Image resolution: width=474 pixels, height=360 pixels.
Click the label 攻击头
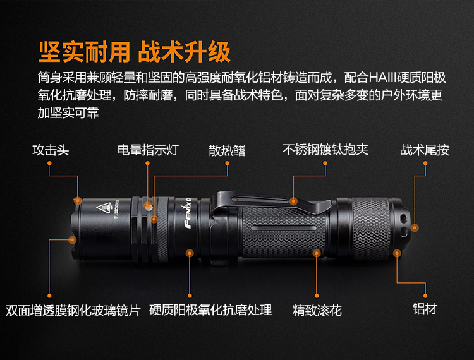pyautogui.click(x=51, y=150)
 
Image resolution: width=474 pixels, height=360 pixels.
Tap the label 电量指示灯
pyautogui.click(x=148, y=150)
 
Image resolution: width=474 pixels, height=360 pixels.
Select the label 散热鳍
pyautogui.click(x=227, y=150)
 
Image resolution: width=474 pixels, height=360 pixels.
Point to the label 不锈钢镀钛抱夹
pyautogui.click(x=325, y=150)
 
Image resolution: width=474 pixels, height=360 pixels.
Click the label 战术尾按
pyautogui.click(x=425, y=150)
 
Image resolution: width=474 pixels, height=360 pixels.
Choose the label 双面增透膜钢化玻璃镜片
pyautogui.click(x=73, y=311)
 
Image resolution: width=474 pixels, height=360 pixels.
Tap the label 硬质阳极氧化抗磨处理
pyautogui.click(x=210, y=310)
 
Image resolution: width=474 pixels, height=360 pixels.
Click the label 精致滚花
pyautogui.click(x=317, y=311)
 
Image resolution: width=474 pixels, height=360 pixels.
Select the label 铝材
pyautogui.click(x=425, y=309)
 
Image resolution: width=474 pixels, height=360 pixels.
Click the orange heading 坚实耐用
pyautogui.click(x=85, y=52)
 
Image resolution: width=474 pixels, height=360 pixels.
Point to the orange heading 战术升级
pyautogui.click(x=184, y=52)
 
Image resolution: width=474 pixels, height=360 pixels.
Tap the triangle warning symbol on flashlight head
pyautogui.click(x=104, y=208)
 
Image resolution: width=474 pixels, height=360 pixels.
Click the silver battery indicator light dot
pyautogui.click(x=148, y=207)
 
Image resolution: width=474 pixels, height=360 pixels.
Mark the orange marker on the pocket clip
pyautogui.click(x=293, y=201)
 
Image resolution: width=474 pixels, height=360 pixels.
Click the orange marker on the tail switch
pyautogui.click(x=415, y=228)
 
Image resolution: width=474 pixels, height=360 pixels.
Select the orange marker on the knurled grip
pyautogui.click(x=317, y=253)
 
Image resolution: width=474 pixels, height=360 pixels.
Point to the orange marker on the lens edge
pyautogui.click(x=72, y=240)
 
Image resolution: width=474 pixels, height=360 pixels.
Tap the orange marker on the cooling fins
pyautogui.click(x=154, y=219)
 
